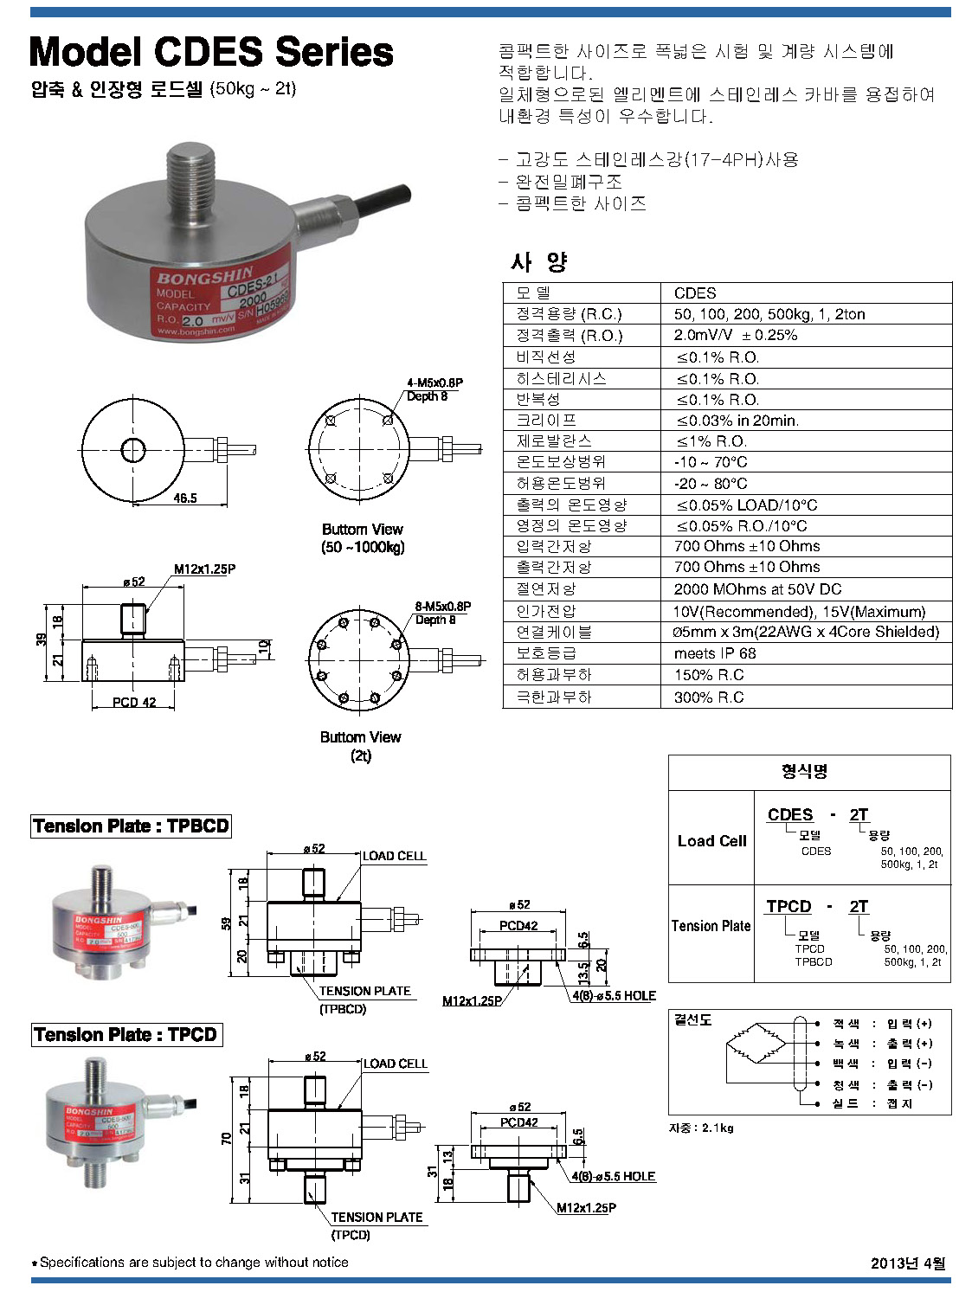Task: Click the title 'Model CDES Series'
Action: pos(211,52)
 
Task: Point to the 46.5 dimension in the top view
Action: pos(185,498)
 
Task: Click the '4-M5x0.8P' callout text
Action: pos(434,382)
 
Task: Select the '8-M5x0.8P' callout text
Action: pos(443,607)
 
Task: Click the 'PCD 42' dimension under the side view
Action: pos(134,702)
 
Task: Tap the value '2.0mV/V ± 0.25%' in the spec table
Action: pos(736,335)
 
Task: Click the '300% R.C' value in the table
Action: pos(709,697)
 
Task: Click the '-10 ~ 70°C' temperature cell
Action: pos(711,462)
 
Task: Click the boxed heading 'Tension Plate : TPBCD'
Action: pos(131,826)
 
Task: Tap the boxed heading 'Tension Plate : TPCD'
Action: pos(126,1034)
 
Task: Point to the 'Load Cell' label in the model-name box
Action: pos(711,840)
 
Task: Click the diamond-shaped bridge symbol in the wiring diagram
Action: pos(756,1044)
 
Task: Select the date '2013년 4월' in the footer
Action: pos(908,1263)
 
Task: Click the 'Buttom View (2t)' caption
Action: pos(361,746)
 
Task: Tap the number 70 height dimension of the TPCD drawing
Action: pos(227,1138)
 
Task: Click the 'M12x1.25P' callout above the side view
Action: pos(204,569)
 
